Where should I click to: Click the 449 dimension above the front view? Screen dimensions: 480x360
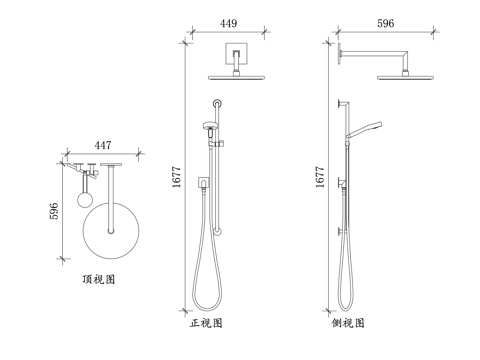tap(228, 23)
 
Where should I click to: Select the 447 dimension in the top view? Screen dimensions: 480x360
tap(103, 145)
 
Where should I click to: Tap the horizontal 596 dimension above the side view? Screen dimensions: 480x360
tap(386, 23)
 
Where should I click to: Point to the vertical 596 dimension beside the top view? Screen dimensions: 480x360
tap(54, 211)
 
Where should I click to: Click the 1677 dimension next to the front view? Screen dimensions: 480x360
tap(176, 177)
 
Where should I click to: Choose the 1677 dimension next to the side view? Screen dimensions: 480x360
tap(320, 177)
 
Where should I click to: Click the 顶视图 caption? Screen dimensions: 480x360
tap(99, 279)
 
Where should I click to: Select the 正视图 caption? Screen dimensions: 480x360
tap(206, 323)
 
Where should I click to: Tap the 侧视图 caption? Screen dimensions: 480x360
tap(348, 323)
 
